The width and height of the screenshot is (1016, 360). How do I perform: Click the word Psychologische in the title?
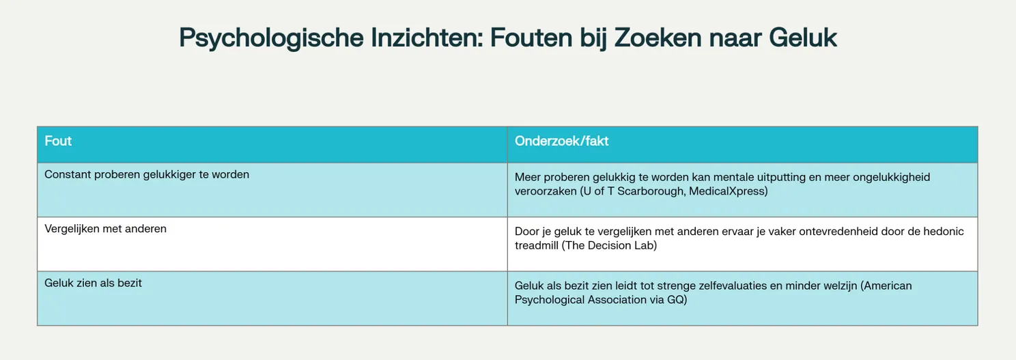[270, 38]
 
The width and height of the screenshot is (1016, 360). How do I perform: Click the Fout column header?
[58, 141]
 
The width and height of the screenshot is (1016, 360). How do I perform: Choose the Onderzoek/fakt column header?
[561, 141]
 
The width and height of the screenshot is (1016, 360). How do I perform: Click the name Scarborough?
[649, 191]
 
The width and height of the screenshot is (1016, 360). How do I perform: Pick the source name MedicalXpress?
[728, 191]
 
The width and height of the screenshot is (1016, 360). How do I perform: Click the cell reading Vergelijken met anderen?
[105, 230]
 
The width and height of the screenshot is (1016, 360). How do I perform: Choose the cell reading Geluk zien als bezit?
[93, 283]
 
